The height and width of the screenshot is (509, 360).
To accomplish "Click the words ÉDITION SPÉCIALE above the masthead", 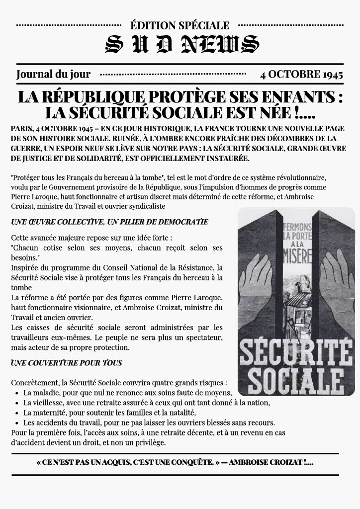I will click(180, 25).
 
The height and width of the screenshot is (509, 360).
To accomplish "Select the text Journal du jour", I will click(53, 75).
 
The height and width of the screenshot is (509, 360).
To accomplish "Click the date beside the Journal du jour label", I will click(301, 75).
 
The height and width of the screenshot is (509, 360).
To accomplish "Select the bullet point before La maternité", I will click(16, 413).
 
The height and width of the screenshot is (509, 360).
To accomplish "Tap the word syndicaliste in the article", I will click(144, 206).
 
